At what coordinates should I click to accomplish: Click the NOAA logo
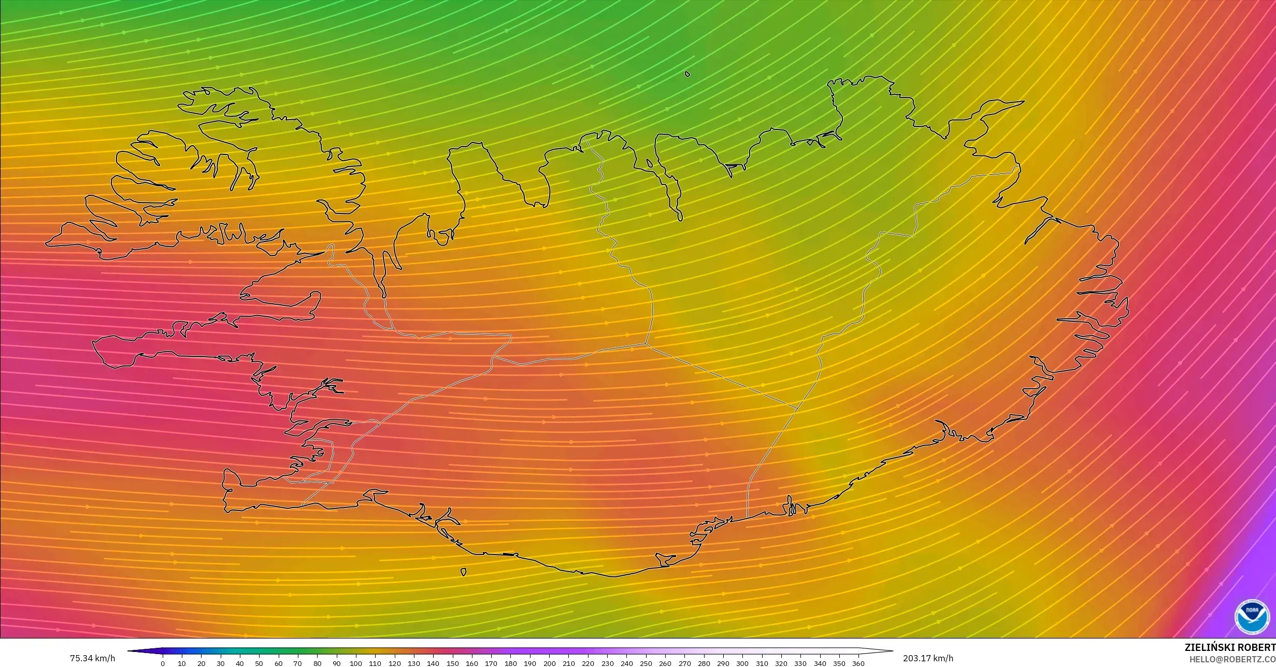tap(1252, 617)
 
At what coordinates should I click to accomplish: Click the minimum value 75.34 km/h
tap(92, 658)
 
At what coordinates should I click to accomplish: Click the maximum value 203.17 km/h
tap(928, 658)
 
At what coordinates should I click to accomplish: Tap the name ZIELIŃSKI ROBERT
tap(1230, 647)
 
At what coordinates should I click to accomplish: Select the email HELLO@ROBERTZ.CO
tap(1232, 659)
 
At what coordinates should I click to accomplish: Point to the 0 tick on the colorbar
tap(163, 663)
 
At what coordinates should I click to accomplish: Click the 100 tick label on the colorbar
tap(356, 663)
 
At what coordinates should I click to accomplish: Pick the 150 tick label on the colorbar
tap(452, 663)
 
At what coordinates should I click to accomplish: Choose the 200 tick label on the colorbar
tap(549, 663)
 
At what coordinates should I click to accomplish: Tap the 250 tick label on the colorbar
tap(646, 663)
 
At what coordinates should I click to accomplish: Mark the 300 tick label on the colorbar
tap(742, 663)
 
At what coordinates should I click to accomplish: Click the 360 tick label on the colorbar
tap(858, 663)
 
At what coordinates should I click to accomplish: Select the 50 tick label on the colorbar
tap(259, 663)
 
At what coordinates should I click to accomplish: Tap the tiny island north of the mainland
tap(687, 74)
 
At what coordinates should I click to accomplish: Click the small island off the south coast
tap(463, 572)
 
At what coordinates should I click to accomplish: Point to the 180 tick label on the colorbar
tap(510, 663)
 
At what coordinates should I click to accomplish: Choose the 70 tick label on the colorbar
tap(298, 663)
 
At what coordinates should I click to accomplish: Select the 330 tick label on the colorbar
tap(800, 663)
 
